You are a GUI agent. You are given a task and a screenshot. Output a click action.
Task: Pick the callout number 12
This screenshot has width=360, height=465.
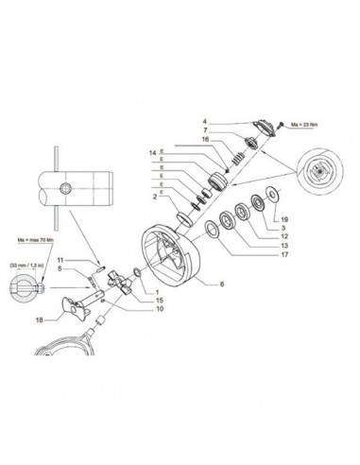point(283,236)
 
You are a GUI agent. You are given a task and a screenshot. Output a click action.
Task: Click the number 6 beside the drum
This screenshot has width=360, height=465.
point(221,283)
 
